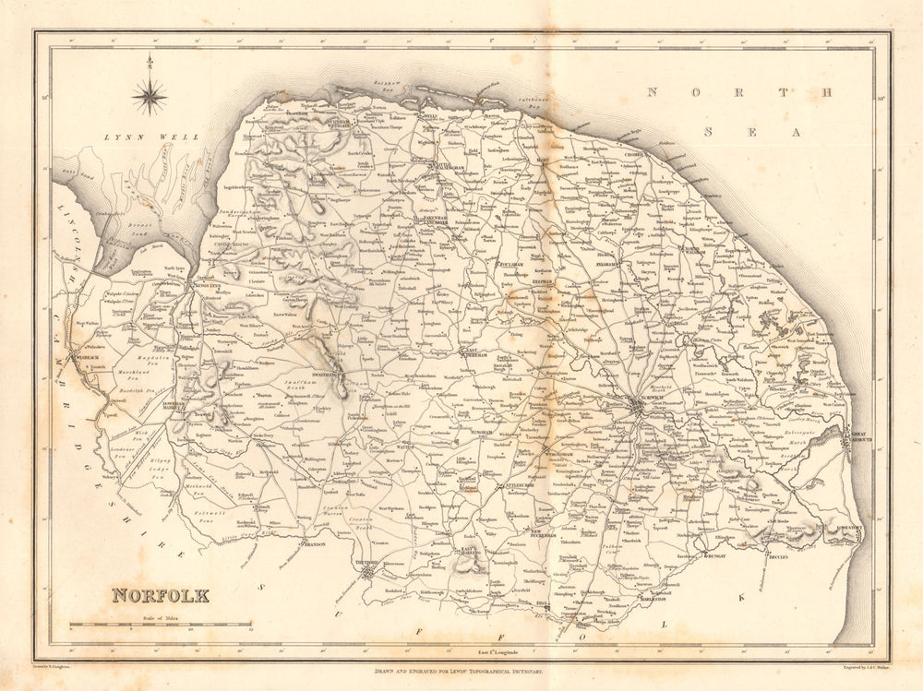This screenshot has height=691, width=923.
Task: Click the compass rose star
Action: click(x=149, y=95)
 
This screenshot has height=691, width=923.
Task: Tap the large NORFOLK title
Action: click(x=161, y=596)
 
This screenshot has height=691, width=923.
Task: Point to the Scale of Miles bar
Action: click(x=161, y=626)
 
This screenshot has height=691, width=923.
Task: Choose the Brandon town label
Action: click(x=316, y=544)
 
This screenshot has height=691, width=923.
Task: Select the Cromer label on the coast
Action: click(x=632, y=154)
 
